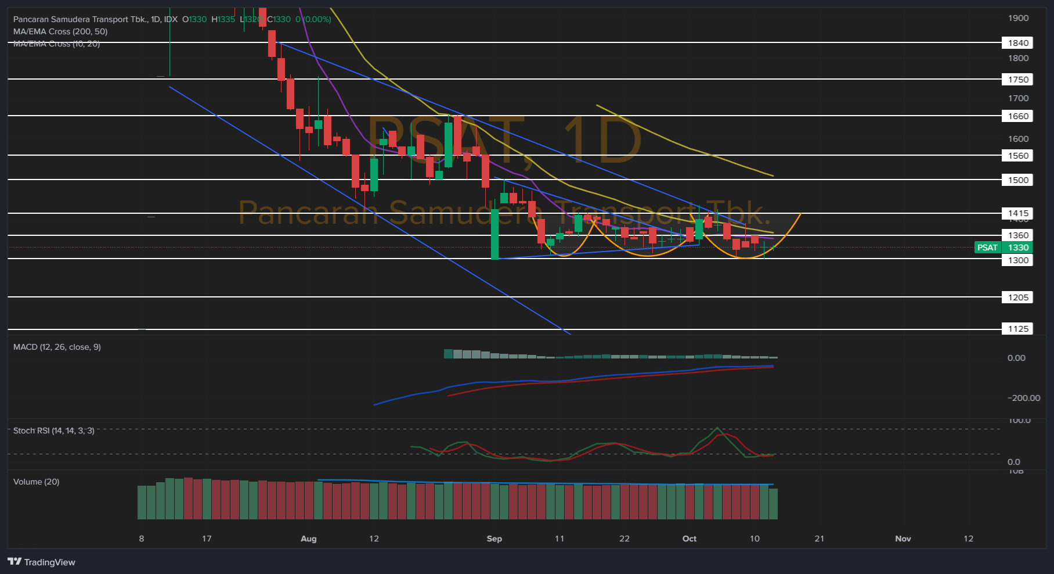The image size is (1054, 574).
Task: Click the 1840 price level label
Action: tap(1017, 43)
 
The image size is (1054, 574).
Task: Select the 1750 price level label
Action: tap(1017, 80)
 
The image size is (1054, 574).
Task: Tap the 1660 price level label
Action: tap(1017, 116)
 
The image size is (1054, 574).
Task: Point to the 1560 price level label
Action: tap(1017, 156)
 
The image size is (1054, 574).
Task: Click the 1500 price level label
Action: tap(1017, 180)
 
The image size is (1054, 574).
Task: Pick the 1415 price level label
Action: tap(1017, 213)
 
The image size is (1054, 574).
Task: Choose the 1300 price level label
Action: tap(1017, 260)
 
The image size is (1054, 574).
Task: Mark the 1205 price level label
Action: tap(1017, 297)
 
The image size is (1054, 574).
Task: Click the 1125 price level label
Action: tap(1017, 329)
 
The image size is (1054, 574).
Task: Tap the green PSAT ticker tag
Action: tap(987, 247)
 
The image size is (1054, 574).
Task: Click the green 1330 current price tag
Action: tap(1018, 247)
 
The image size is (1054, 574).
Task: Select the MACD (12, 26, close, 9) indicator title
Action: tap(57, 347)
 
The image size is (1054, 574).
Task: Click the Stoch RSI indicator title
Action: tap(53, 430)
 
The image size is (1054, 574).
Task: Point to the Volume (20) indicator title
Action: tap(36, 482)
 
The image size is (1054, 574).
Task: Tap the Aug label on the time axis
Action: tap(308, 539)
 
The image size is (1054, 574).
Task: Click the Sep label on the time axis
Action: tap(494, 539)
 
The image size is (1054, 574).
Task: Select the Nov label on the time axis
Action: tap(903, 539)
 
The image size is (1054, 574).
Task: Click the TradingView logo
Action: tap(41, 562)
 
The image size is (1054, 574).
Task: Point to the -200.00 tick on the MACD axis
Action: tap(1023, 398)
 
